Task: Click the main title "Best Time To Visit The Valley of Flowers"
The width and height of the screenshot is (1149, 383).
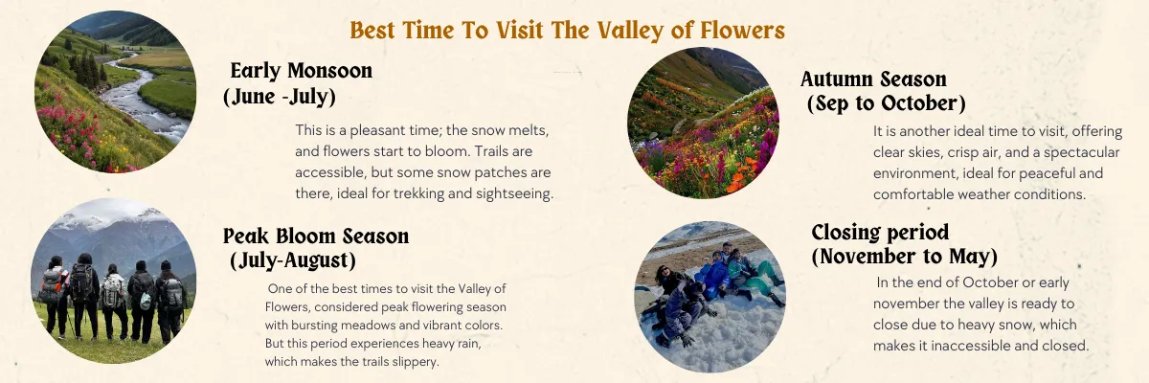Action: pos(568,31)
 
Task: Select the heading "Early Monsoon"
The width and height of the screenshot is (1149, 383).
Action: pos(302,71)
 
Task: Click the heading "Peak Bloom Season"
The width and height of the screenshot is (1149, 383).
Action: pos(316,236)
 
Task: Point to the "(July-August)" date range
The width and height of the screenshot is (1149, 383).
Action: pos(292,259)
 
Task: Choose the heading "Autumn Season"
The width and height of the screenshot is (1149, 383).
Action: pos(873,79)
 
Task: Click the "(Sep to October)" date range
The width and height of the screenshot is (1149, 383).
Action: pos(886,102)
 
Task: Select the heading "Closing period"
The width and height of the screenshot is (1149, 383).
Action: pos(880,233)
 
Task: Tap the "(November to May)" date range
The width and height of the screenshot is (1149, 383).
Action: pos(905,257)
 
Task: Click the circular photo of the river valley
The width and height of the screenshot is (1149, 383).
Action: pos(116,91)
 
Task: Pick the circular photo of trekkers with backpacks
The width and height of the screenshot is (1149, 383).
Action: pos(113,282)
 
